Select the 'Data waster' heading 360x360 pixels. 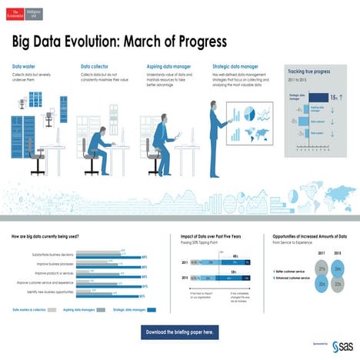[x=24, y=67]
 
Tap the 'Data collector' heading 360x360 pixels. [x=95, y=67]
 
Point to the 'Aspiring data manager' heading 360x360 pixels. [x=167, y=67]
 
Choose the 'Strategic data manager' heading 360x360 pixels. [x=235, y=67]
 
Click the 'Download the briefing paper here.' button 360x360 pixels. [x=179, y=332]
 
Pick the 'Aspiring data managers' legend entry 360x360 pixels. [x=83, y=309]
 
